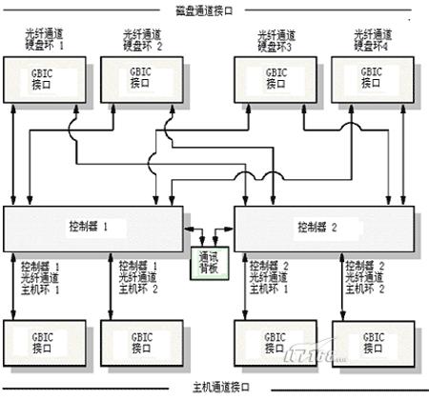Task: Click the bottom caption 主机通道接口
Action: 219,388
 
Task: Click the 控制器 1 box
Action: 94,228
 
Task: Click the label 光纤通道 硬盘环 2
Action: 142,39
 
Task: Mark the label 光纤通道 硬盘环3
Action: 276,39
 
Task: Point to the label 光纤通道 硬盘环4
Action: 372,39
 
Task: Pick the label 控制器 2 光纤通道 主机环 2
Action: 368,276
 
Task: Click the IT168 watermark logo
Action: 308,358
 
